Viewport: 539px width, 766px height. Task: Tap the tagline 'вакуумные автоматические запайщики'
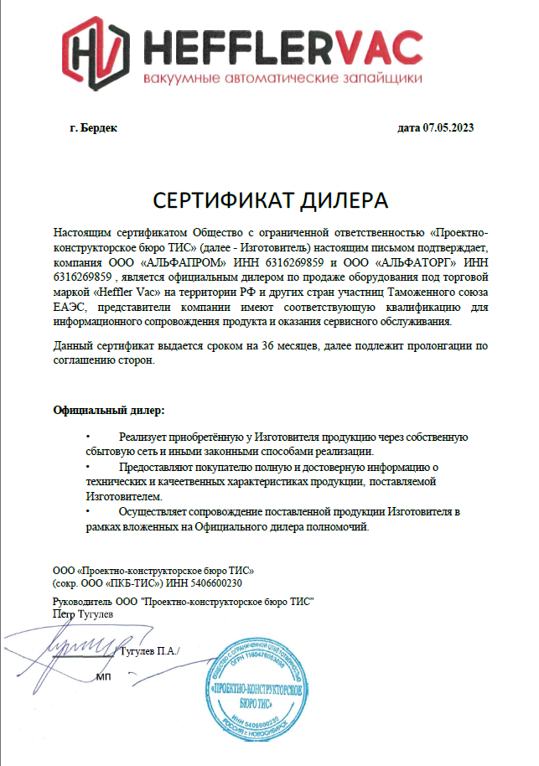coord(282,78)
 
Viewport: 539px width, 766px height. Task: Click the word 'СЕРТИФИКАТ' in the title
coord(215,200)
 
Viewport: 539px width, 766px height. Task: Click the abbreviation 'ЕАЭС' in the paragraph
coord(70,306)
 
